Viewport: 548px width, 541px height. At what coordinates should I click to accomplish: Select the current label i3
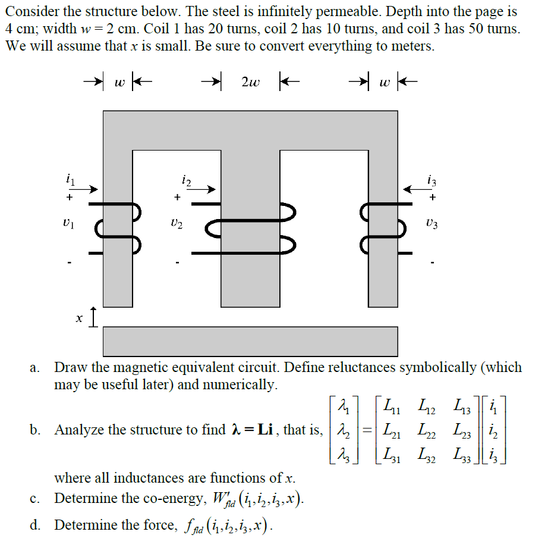pyautogui.click(x=432, y=178)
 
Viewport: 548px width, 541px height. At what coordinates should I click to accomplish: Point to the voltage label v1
pyautogui.click(x=70, y=224)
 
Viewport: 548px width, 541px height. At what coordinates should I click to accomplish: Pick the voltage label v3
pyautogui.click(x=434, y=224)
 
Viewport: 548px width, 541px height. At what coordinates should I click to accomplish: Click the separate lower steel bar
pyautogui.click(x=250, y=341)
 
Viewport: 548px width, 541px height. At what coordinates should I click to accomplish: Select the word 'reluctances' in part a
pyautogui.click(x=360, y=367)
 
